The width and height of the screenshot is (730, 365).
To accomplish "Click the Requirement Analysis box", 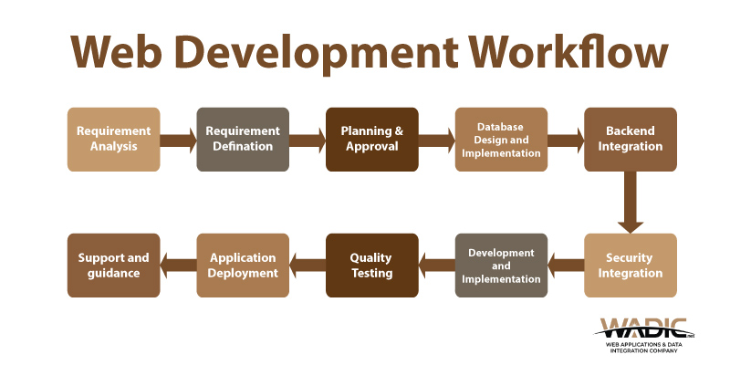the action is pyautogui.click(x=113, y=140).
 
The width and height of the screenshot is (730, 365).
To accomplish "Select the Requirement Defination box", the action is pyautogui.click(x=243, y=140).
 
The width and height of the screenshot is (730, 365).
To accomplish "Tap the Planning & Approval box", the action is pyautogui.click(x=372, y=140).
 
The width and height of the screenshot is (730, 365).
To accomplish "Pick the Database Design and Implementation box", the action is pyautogui.click(x=501, y=140).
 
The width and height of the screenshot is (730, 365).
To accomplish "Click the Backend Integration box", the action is pyautogui.click(x=631, y=140).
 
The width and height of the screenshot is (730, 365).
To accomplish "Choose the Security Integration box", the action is pyautogui.click(x=631, y=266).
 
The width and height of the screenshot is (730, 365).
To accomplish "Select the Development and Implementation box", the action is pyautogui.click(x=501, y=266).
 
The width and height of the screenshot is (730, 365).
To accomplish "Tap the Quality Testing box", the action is pyautogui.click(x=372, y=266).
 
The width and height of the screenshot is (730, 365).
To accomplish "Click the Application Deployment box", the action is pyautogui.click(x=243, y=266).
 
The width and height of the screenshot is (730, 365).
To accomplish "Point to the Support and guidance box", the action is pyautogui.click(x=113, y=266).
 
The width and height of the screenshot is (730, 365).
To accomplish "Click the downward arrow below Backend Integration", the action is pyautogui.click(x=631, y=202).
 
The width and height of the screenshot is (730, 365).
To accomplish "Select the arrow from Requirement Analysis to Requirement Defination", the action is pyautogui.click(x=178, y=141).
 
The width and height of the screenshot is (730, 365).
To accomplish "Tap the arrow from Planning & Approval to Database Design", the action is pyautogui.click(x=437, y=141).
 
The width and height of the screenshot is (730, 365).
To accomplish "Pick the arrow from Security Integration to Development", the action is pyautogui.click(x=566, y=266).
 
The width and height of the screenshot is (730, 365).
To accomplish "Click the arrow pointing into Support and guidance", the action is pyautogui.click(x=178, y=266).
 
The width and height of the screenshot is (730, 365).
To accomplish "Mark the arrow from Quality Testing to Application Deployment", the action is pyautogui.click(x=308, y=266).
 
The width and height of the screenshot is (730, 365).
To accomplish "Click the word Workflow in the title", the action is pyautogui.click(x=568, y=52).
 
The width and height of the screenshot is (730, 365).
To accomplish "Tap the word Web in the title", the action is pyautogui.click(x=117, y=52).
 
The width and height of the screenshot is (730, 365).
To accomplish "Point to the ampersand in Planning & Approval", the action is pyautogui.click(x=399, y=130).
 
